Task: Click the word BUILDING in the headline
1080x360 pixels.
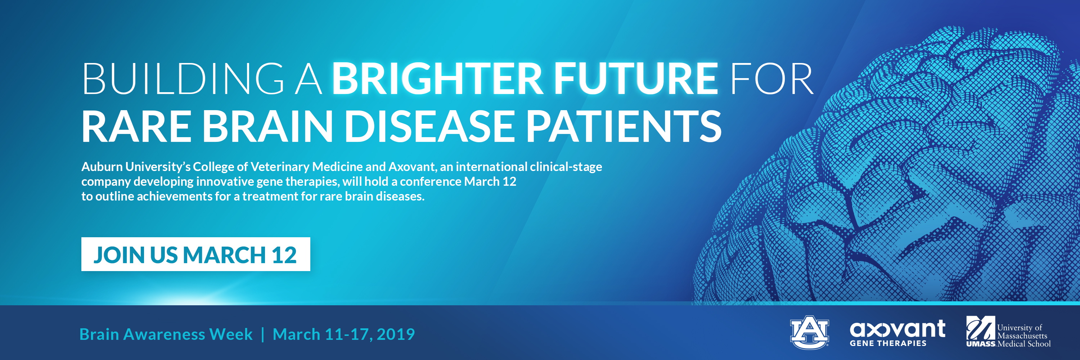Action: coord(183,79)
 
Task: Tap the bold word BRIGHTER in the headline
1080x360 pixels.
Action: coord(438,79)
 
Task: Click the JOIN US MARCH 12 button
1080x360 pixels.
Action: coord(196,255)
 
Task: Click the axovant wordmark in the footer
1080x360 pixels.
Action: coord(897,329)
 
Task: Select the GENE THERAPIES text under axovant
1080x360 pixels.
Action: coord(888,343)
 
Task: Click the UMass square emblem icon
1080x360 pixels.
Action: coord(981,328)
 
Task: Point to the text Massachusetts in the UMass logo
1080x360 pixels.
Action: coord(1022,336)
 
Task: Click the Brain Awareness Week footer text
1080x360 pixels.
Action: coord(166,334)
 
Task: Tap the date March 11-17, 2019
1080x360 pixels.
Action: coord(344,334)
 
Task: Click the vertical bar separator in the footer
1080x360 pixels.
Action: coord(263,335)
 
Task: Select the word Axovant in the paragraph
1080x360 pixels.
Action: coord(413,167)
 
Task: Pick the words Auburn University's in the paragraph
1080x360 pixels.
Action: coord(136,167)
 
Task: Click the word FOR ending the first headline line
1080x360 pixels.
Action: coord(771,79)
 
